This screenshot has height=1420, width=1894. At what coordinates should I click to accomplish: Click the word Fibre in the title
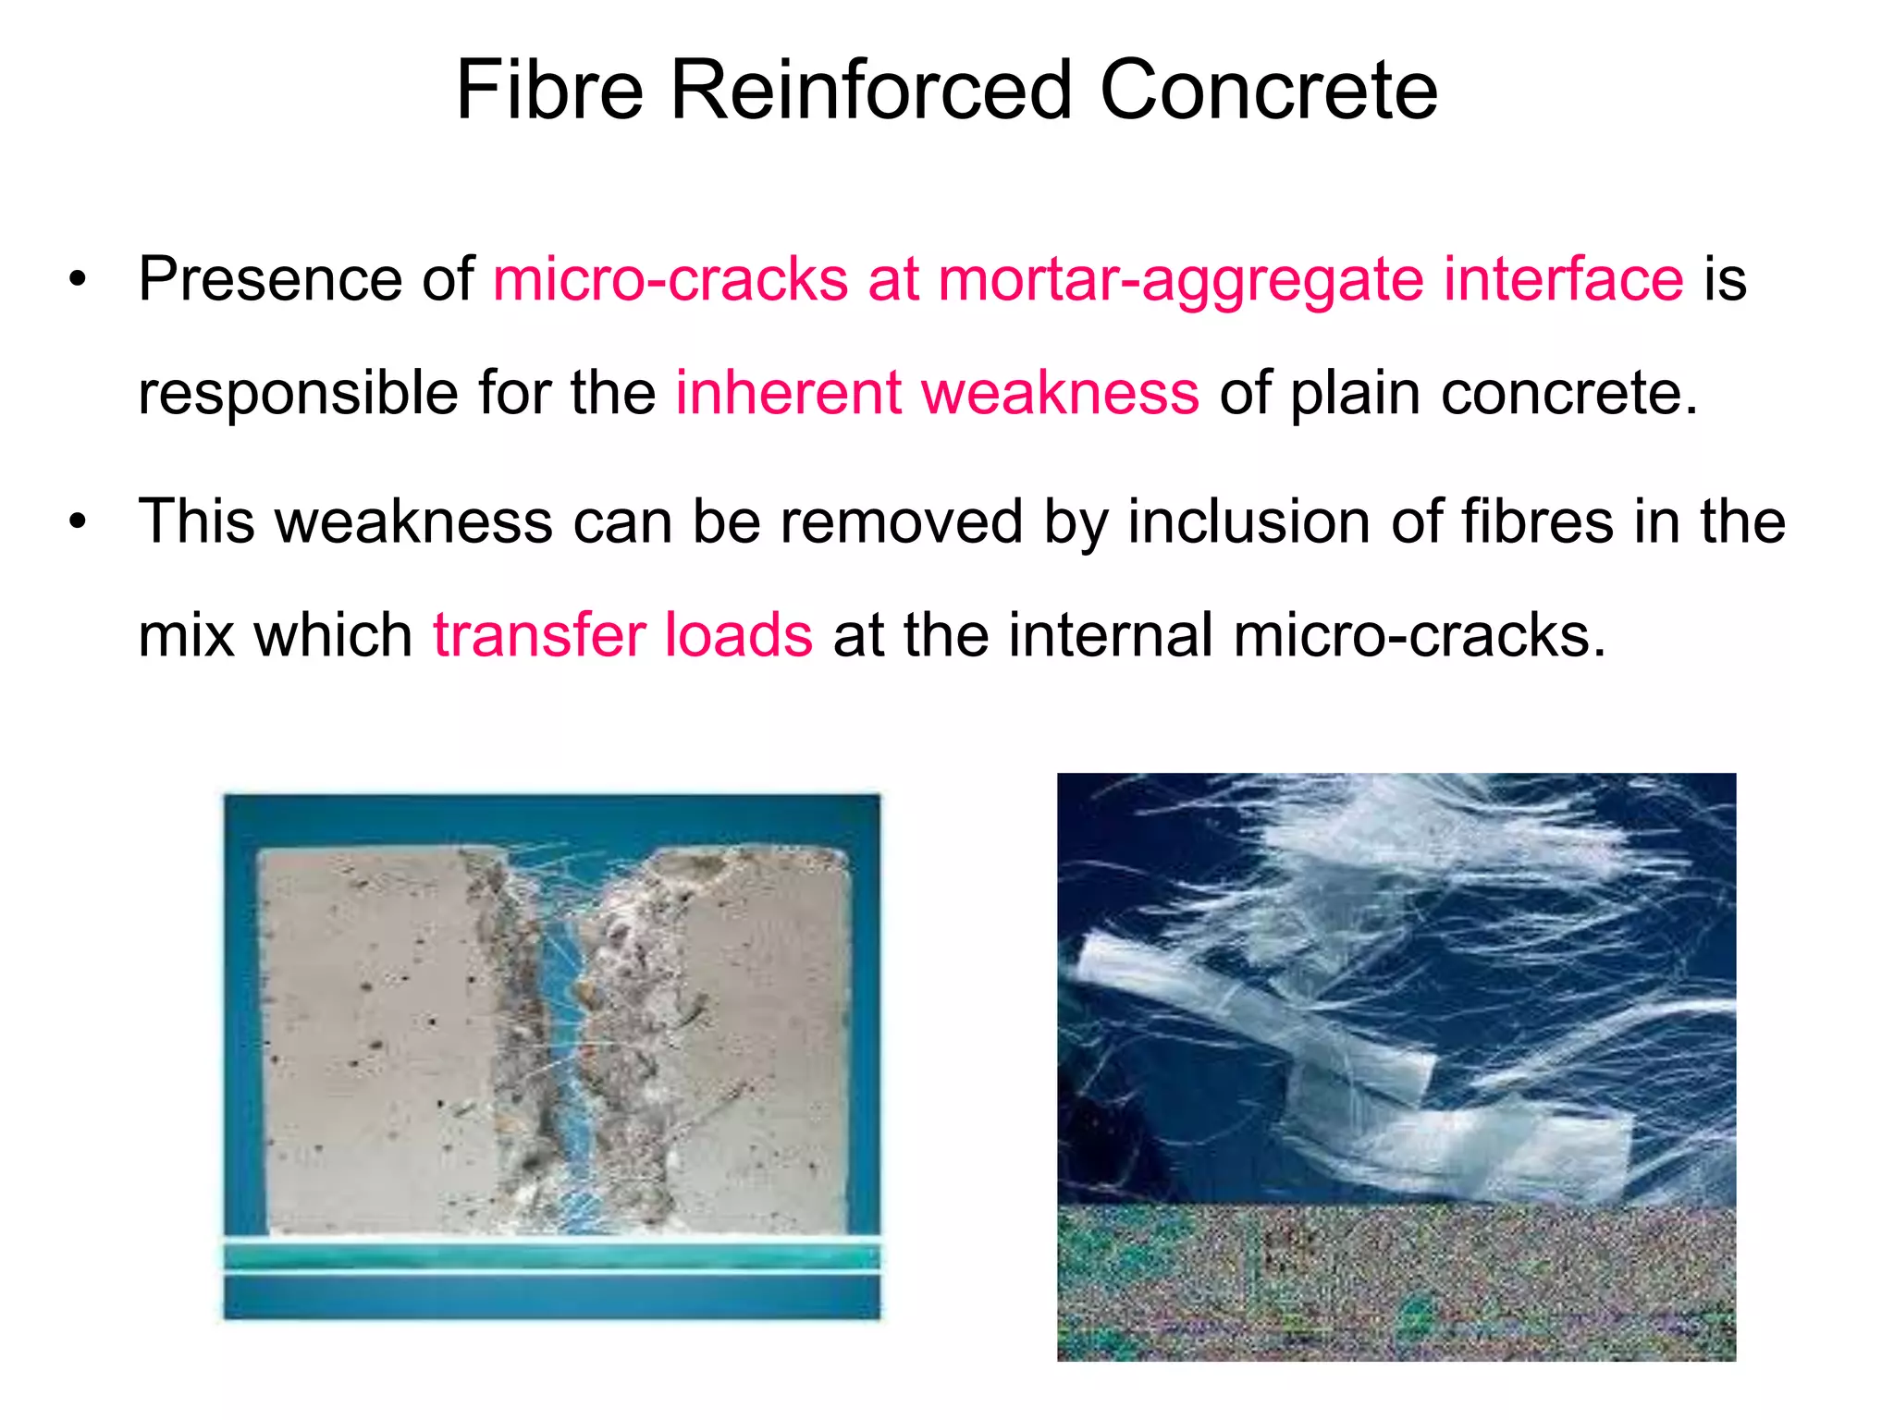(x=549, y=90)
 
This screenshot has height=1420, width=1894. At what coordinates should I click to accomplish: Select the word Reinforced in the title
(x=870, y=90)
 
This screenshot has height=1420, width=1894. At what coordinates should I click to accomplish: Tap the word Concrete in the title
(x=1268, y=90)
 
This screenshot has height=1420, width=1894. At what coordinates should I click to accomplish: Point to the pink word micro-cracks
(x=670, y=278)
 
